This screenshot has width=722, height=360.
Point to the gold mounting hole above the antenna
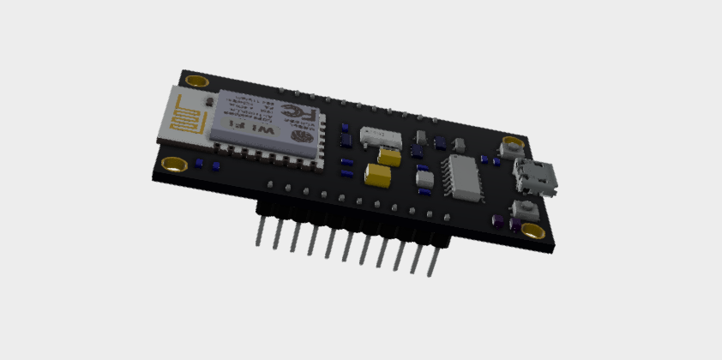(x=196, y=82)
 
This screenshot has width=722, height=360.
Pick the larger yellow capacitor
(x=377, y=175)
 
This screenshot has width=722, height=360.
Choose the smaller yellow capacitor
(x=390, y=157)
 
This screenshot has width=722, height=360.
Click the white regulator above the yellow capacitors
(x=381, y=136)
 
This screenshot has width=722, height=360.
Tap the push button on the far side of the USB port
(x=509, y=147)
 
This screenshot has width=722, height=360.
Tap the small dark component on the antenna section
(x=205, y=104)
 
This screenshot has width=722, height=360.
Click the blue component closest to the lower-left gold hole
(x=199, y=163)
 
